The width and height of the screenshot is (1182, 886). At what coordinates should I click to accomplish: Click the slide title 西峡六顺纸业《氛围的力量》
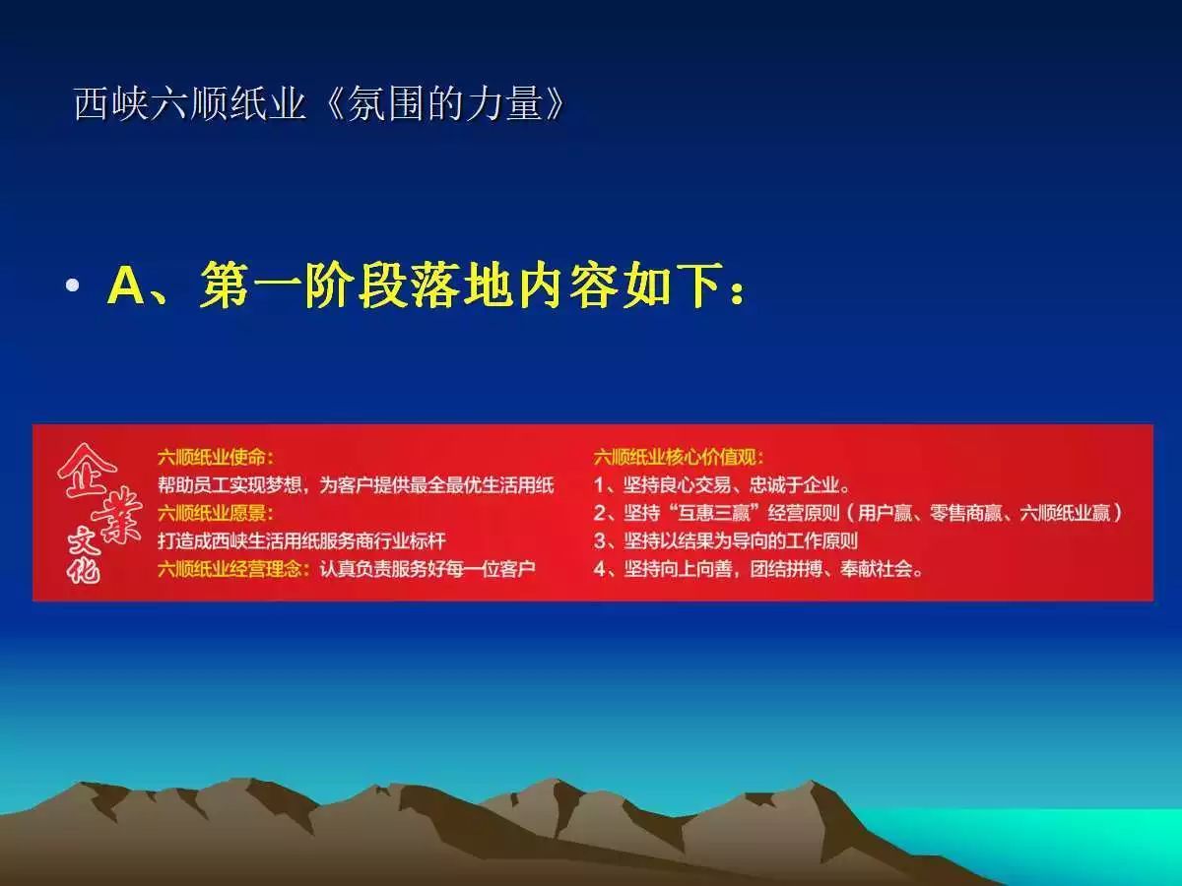coord(321,103)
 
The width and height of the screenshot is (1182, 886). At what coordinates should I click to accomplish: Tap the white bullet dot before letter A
coord(71,286)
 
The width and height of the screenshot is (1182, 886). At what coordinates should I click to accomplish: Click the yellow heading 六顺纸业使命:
coord(216,457)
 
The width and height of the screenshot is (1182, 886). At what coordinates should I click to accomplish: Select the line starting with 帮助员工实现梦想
coord(356,484)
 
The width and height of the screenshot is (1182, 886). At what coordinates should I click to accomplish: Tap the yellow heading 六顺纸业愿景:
coord(216,513)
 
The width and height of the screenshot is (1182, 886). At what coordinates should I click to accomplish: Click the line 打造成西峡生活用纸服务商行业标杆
coord(301,540)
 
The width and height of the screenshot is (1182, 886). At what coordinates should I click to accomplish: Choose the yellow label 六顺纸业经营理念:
coord(235,569)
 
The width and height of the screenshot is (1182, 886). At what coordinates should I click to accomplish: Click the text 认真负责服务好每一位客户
coord(427,569)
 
